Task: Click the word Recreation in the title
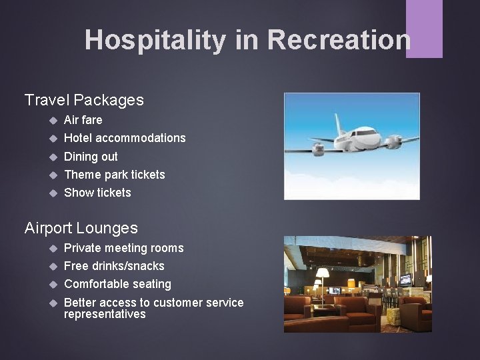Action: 339,40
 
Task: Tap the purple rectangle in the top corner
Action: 424,28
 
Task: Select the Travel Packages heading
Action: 84,100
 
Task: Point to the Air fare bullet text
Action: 83,120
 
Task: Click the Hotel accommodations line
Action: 125,138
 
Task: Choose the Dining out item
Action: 91,157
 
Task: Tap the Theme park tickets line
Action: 114,175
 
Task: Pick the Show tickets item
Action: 97,193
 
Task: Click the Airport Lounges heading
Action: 81,228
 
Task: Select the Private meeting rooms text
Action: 123,248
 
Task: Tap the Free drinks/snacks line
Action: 114,266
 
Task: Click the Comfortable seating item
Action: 117,284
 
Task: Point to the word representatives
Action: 105,314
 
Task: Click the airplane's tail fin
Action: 338,123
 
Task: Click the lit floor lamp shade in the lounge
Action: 323,273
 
